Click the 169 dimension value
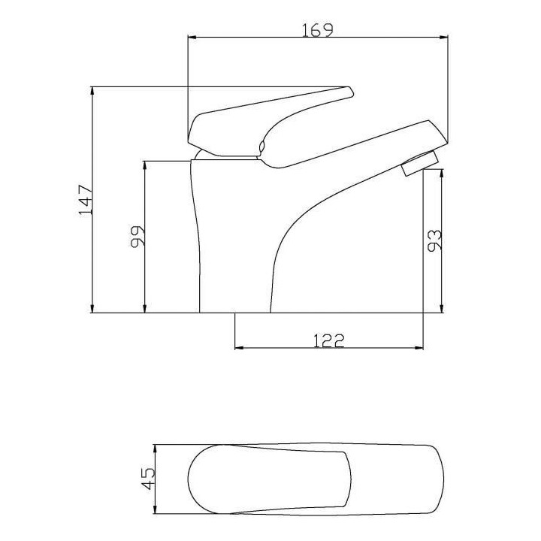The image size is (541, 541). pos(317,29)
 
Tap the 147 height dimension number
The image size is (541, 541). pos(86,200)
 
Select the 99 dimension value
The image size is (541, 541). pos(138,237)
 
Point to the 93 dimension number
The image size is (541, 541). pos(434,240)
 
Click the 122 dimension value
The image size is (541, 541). pos(329,340)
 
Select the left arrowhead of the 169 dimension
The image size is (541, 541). pos(192,37)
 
